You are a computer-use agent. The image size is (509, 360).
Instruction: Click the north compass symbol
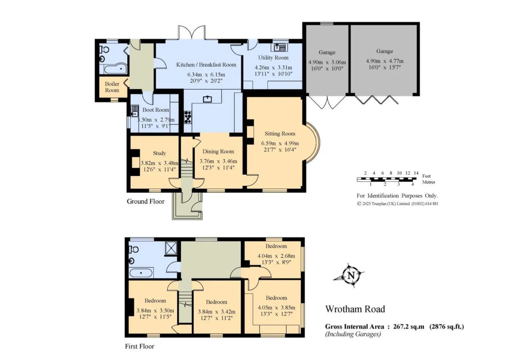tap(349, 276)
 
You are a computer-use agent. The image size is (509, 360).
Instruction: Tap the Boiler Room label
tap(112, 87)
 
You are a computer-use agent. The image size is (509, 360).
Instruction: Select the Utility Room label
tap(273, 58)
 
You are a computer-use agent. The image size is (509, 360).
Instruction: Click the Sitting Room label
tap(280, 133)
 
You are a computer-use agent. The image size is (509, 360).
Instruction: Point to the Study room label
tap(159, 153)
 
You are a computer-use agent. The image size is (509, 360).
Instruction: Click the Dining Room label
tap(218, 152)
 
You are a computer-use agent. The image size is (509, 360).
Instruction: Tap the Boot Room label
tap(156, 110)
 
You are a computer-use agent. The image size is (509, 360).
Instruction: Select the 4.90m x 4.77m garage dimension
tap(384, 61)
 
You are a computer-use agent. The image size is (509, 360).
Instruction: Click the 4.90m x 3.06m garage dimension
tap(327, 62)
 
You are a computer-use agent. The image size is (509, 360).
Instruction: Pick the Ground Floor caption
tap(145, 202)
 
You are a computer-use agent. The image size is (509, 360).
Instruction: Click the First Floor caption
tap(140, 346)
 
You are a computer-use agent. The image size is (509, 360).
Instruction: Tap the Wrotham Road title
tap(355, 309)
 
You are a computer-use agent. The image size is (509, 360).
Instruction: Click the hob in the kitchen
tap(187, 117)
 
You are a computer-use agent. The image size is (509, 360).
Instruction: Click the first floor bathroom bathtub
tap(141, 273)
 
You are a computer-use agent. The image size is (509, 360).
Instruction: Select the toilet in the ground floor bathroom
tap(104, 49)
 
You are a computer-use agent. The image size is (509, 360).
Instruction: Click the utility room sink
tap(279, 47)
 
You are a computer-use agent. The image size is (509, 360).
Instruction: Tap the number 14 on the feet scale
tap(416, 173)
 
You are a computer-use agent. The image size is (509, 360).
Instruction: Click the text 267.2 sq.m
tap(408, 326)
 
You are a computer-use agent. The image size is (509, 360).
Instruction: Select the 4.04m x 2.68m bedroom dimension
tap(276, 256)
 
